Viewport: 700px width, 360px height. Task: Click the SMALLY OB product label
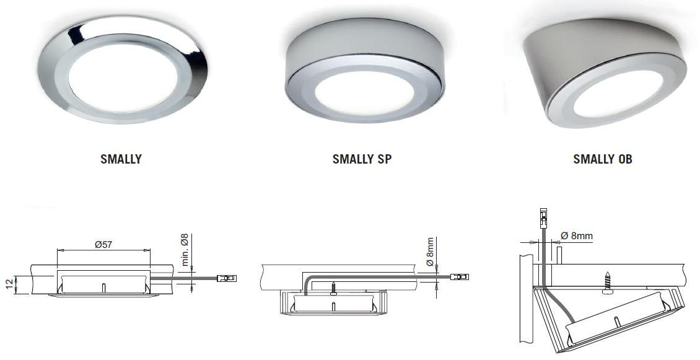(x=603, y=159)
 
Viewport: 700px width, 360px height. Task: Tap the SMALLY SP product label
(x=362, y=159)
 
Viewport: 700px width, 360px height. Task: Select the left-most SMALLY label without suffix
(x=121, y=159)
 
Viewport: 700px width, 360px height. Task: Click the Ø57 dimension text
(x=103, y=245)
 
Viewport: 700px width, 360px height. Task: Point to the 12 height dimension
(x=10, y=284)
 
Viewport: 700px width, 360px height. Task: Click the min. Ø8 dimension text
(x=185, y=250)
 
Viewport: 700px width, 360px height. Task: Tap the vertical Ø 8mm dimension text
(x=429, y=252)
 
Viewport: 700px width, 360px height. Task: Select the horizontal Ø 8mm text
(x=577, y=236)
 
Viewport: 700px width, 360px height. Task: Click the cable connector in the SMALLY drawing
(x=227, y=278)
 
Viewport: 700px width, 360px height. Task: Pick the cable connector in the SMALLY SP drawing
(x=460, y=277)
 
